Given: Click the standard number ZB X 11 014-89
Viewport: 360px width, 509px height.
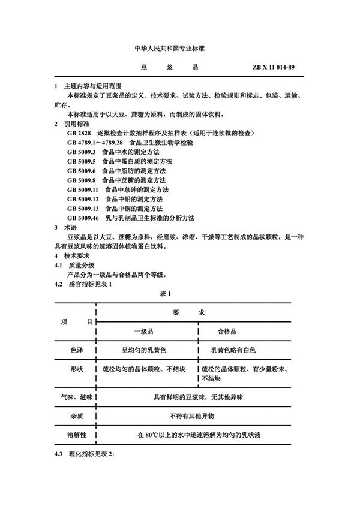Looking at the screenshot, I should [x=274, y=68].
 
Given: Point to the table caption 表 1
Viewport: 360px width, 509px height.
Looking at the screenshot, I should [x=166, y=293].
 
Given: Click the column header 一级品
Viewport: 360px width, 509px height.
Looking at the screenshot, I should [x=145, y=331].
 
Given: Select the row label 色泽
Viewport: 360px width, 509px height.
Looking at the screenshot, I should [x=77, y=348].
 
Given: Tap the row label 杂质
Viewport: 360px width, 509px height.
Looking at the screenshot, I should [x=77, y=414].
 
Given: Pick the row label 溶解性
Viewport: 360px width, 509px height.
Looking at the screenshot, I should [x=77, y=433].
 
